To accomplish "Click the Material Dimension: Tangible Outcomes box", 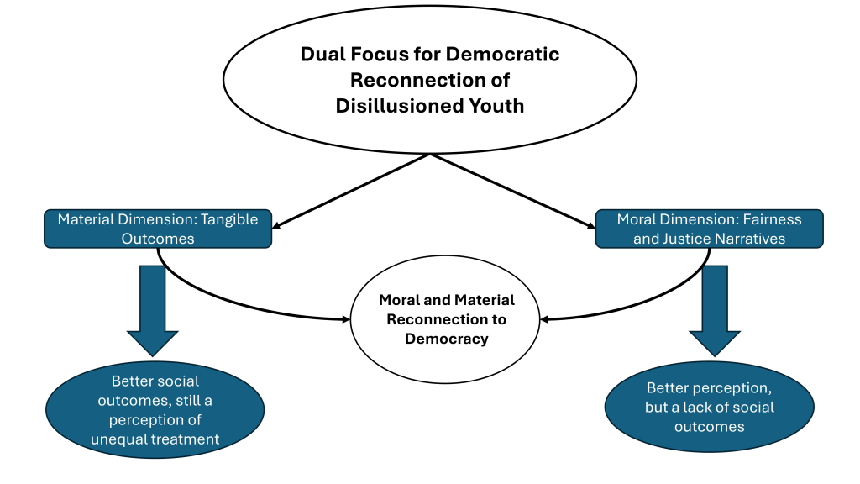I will (158, 229).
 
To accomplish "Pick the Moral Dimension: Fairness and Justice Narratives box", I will (709, 229).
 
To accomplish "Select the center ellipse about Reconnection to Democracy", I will (446, 319).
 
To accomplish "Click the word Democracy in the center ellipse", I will (446, 339).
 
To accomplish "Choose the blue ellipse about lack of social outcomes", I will (709, 408).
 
